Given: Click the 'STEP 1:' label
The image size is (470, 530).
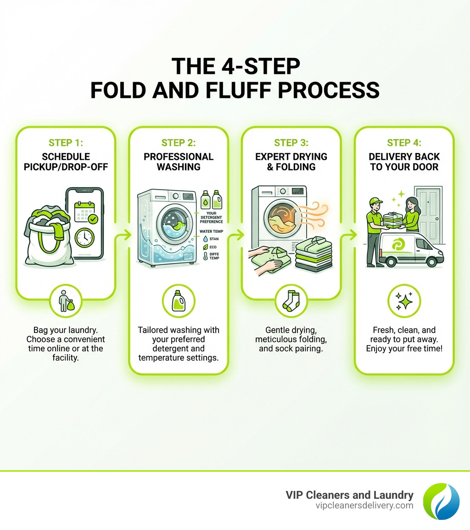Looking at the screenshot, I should (66, 143).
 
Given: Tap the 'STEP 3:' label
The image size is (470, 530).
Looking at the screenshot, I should (291, 143).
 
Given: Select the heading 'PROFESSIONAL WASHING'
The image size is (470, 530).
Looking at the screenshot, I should (179, 162).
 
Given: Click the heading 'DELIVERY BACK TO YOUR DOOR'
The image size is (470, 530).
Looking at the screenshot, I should (404, 162).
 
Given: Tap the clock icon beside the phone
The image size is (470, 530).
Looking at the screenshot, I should (84, 237).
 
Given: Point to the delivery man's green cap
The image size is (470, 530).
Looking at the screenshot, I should (375, 201).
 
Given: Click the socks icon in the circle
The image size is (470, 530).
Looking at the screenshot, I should (291, 301).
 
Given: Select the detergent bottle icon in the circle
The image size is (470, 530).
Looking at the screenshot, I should (179, 301).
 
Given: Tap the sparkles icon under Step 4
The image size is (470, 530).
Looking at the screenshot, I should (404, 301).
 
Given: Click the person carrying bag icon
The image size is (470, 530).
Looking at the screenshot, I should (66, 301).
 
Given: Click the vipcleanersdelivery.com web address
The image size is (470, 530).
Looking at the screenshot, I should (364, 505).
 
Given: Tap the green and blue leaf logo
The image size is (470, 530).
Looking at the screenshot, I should (441, 501).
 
